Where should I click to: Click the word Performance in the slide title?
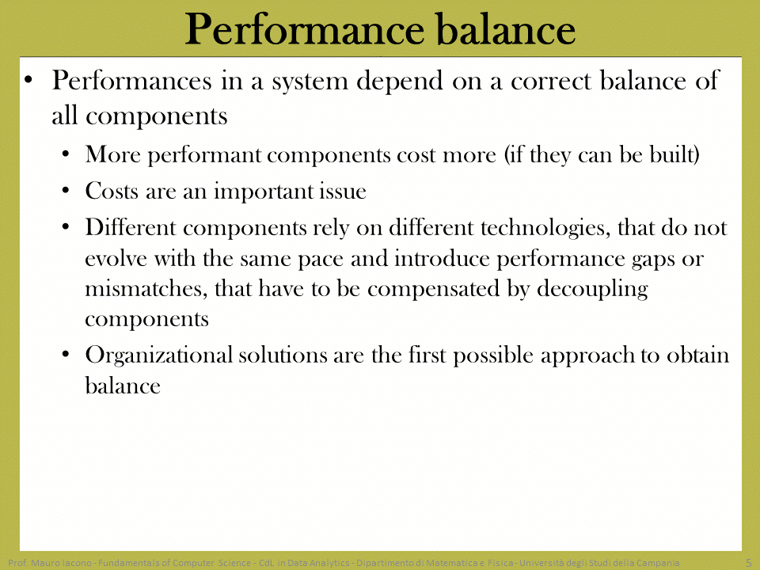coord(305,29)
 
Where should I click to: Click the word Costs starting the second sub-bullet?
coord(112,191)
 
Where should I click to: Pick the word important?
coord(263,192)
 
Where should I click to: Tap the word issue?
coord(342,191)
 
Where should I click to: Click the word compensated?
coord(433,290)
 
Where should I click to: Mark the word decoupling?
coord(592,290)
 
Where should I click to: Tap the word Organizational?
coord(159,355)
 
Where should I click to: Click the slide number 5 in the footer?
coord(749,563)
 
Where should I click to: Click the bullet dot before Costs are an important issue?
coord(66,190)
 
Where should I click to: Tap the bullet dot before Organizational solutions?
coord(66,354)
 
